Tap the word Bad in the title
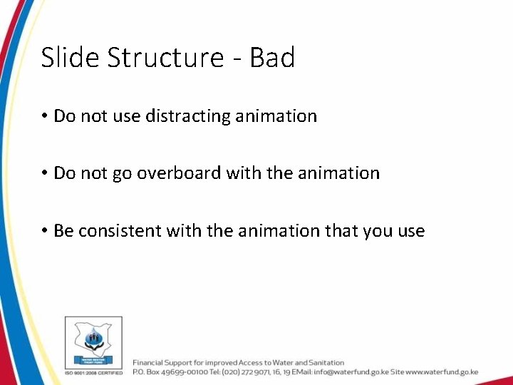[x=272, y=58]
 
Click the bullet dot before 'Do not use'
[x=44, y=116]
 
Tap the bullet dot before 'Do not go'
[x=44, y=173]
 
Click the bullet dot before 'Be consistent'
[x=44, y=231]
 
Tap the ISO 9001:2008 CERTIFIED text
[x=93, y=372]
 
